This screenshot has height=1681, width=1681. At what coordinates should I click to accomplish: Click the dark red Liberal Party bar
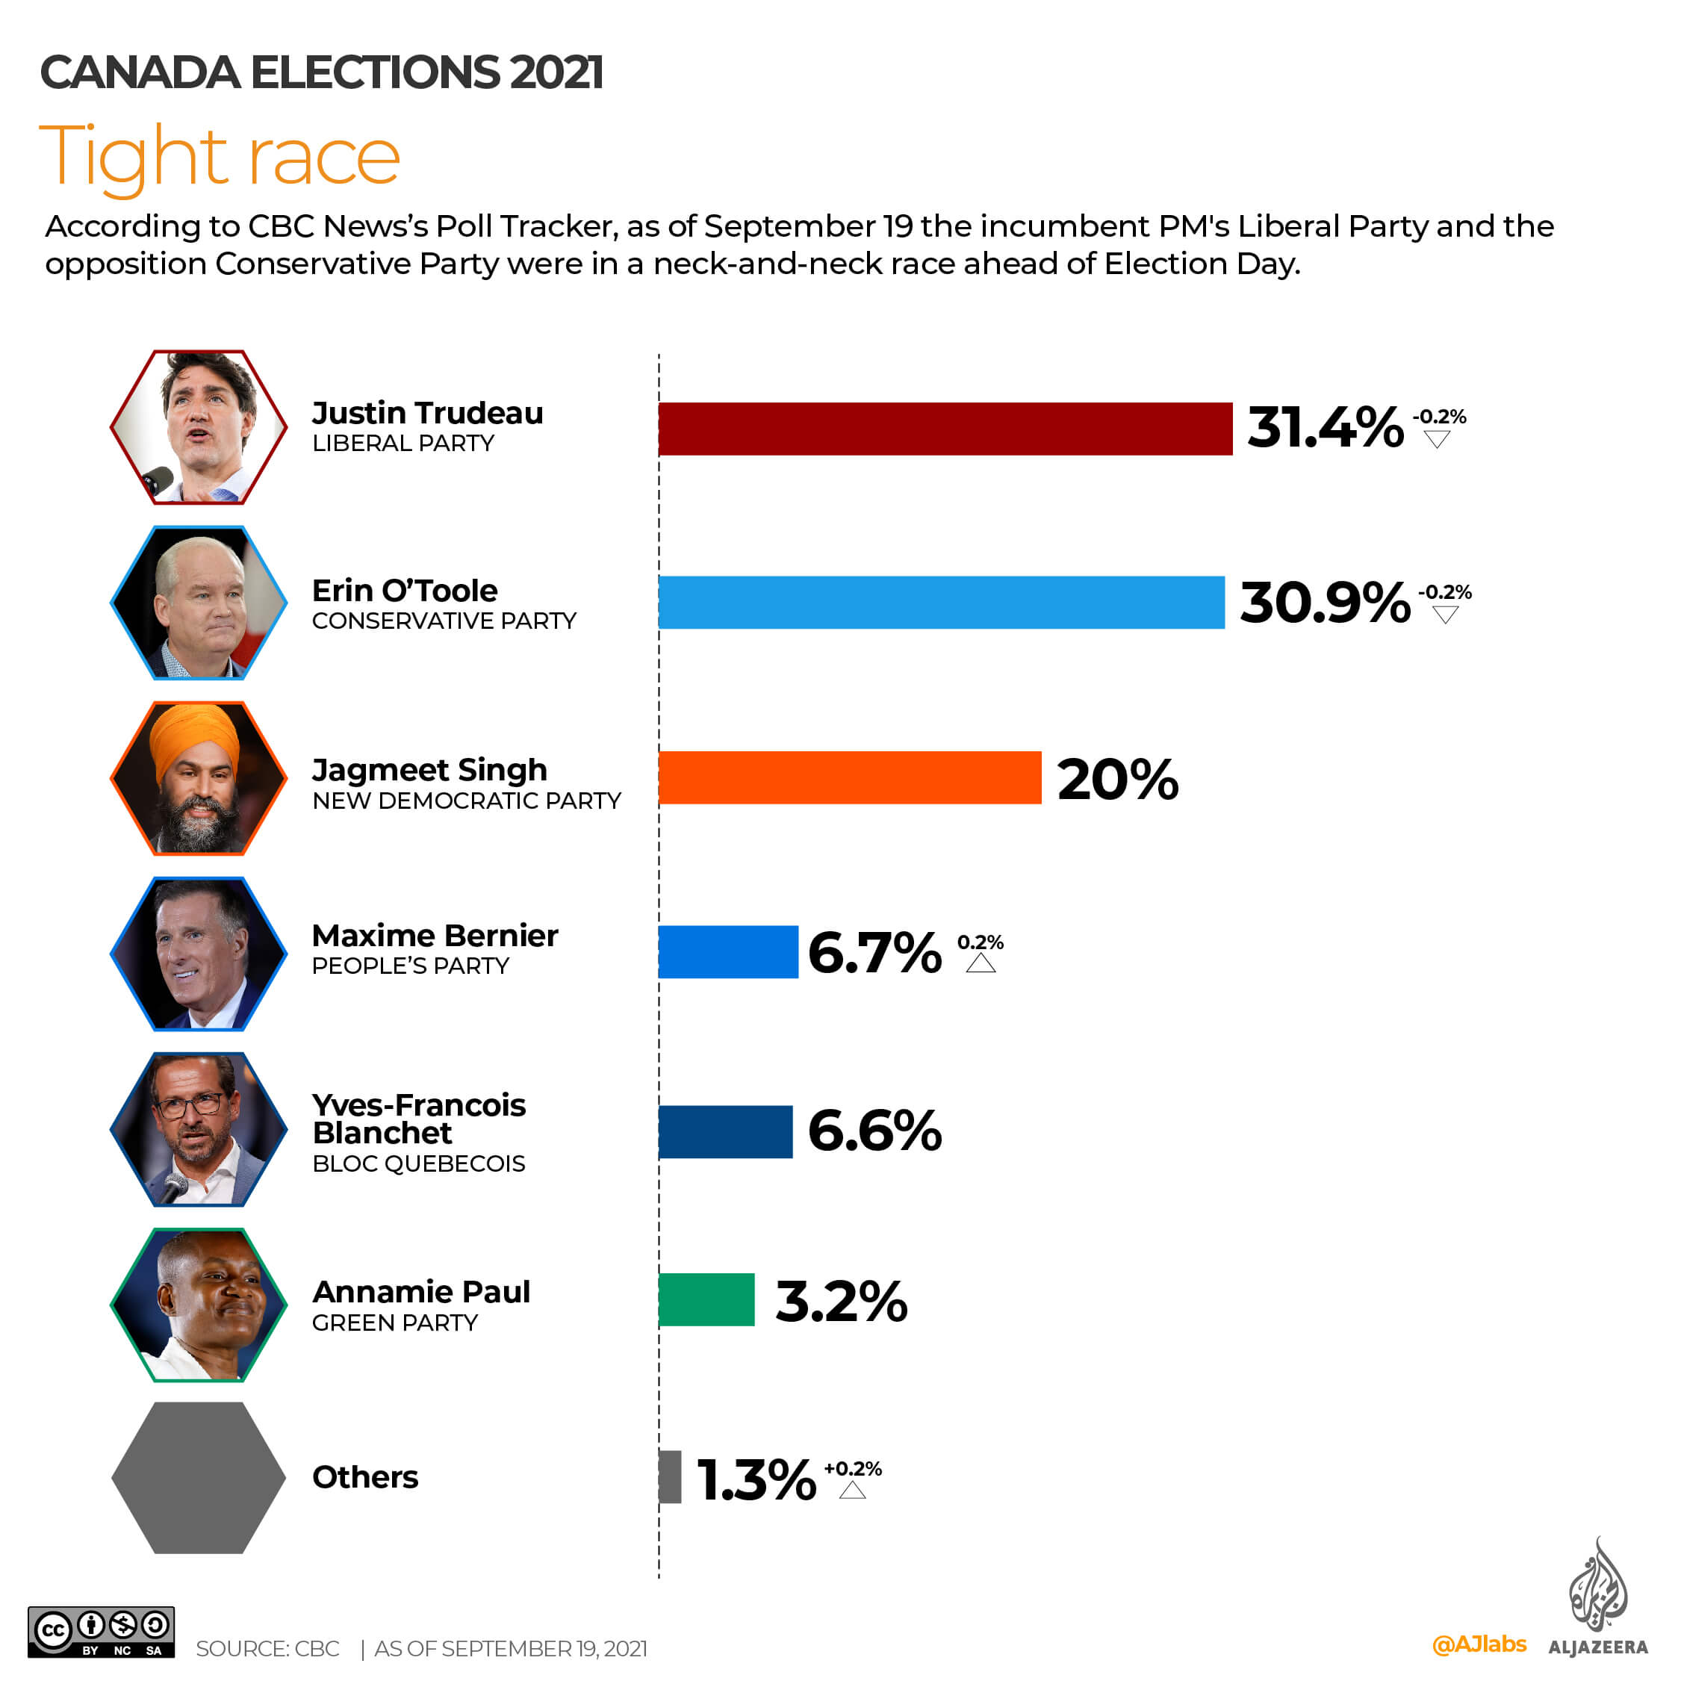(945, 429)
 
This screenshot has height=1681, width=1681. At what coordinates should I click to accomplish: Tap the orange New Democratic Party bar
(849, 777)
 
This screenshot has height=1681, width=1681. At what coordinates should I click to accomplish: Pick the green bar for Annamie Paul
(706, 1299)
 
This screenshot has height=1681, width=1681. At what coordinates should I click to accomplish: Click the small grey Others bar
(670, 1476)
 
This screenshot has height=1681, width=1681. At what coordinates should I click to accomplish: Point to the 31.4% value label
(1324, 428)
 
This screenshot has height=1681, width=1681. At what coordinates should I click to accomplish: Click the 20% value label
(1117, 779)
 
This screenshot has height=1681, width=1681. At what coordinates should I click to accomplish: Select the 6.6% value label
(874, 1131)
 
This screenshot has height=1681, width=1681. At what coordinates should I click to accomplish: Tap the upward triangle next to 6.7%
(981, 963)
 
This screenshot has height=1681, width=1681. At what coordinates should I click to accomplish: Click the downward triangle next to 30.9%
(1445, 616)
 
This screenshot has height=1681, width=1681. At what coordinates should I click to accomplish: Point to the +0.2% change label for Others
(853, 1469)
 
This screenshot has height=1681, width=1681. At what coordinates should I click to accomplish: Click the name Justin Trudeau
(427, 412)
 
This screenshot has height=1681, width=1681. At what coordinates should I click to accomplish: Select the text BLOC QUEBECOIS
(418, 1163)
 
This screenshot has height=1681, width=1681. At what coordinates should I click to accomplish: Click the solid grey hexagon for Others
(199, 1476)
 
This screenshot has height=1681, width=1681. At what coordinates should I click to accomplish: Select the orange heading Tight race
(220, 157)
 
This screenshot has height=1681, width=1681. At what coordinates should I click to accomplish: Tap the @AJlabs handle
(1479, 1644)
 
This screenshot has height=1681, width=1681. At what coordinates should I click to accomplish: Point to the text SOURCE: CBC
(267, 1649)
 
